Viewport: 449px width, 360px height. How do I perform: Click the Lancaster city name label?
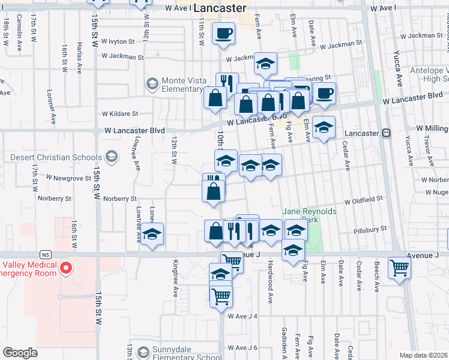(x=220, y=8)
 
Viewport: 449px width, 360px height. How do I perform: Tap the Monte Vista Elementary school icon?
(x=152, y=83)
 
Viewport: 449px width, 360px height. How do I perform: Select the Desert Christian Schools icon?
(x=110, y=157)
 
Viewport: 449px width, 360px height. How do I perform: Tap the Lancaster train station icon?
(x=387, y=133)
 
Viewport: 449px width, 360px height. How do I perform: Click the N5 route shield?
(x=46, y=254)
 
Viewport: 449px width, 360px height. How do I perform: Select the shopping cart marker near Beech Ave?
(x=399, y=268)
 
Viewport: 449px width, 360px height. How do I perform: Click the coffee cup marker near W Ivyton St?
(x=224, y=34)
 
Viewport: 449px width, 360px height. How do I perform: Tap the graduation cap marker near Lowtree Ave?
(x=152, y=233)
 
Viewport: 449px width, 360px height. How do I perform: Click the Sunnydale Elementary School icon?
(x=142, y=352)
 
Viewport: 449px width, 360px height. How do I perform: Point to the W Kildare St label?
(x=120, y=113)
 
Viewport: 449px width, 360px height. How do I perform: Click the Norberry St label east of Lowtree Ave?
(x=120, y=199)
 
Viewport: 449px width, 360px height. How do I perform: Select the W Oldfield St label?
(x=363, y=199)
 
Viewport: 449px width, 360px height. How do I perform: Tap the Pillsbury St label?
(x=370, y=229)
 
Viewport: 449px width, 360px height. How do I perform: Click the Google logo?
(x=20, y=352)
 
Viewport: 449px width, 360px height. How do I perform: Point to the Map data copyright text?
(x=424, y=355)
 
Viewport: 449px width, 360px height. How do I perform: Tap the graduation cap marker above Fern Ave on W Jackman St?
(x=265, y=64)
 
